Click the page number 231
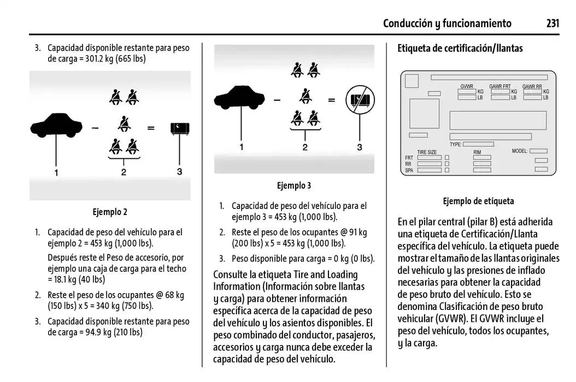[553, 23]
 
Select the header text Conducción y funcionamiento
[447, 23]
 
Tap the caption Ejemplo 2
[109, 212]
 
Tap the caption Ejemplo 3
[293, 186]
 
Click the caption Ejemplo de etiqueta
[478, 201]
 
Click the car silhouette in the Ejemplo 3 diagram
[239, 98]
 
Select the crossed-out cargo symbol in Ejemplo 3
[360, 100]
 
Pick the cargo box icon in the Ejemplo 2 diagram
[180, 128]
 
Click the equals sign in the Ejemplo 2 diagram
[151, 129]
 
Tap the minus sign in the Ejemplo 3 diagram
[277, 100]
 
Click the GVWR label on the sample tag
[467, 86]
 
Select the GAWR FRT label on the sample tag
[499, 86]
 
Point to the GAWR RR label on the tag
[532, 86]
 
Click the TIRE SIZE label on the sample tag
[427, 152]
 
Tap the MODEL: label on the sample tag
[520, 151]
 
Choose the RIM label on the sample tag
[477, 152]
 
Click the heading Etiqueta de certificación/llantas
[460, 48]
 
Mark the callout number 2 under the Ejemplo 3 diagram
[305, 147]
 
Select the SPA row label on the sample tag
[409, 170]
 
